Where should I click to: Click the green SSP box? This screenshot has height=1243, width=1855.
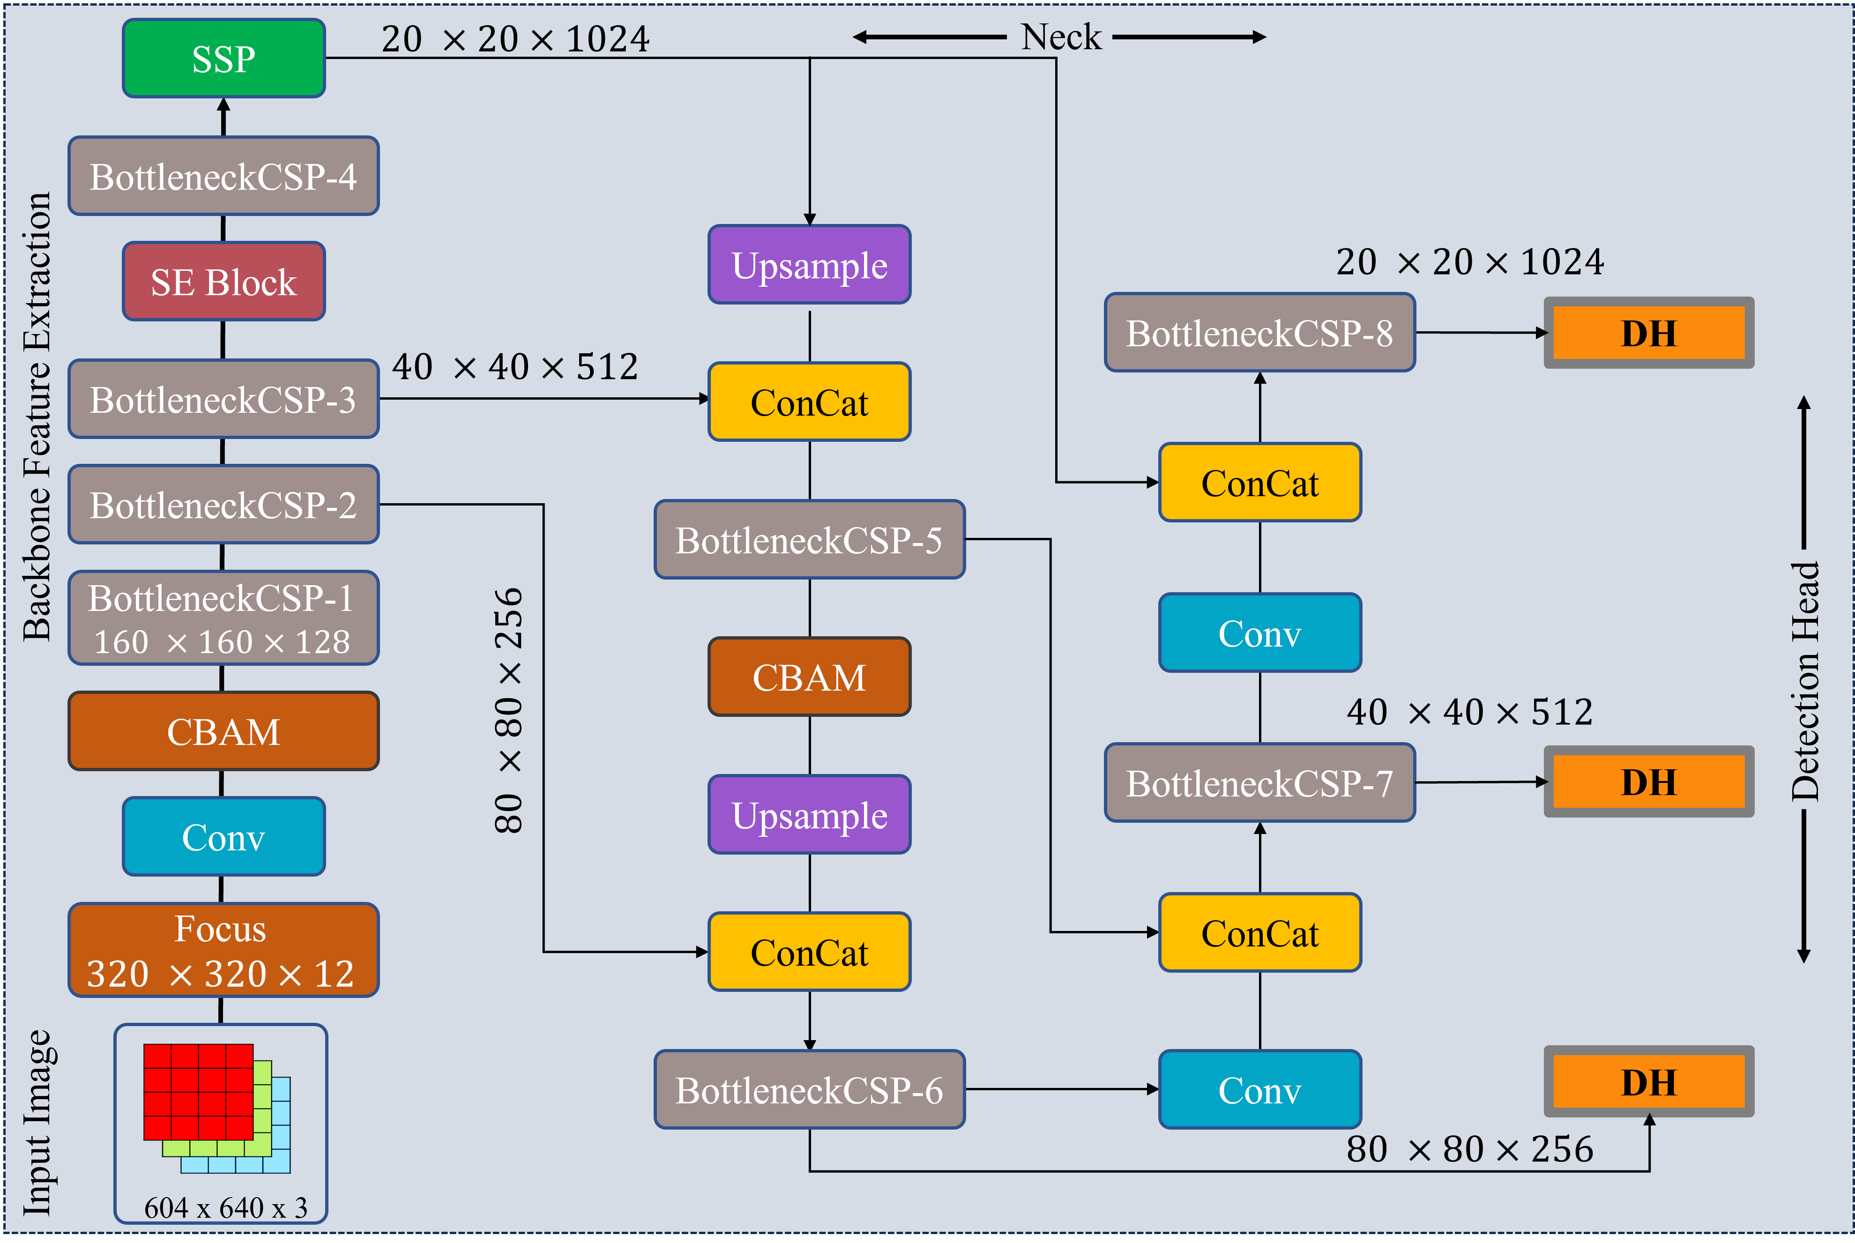[x=223, y=59]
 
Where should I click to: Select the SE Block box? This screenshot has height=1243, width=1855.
[x=223, y=282]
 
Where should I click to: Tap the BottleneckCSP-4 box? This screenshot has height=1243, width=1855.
[x=223, y=176]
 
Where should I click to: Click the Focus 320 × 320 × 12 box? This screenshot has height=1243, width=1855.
[x=223, y=950]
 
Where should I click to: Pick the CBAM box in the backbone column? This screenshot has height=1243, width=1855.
[x=223, y=731]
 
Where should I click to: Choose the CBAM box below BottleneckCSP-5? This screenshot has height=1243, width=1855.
[x=809, y=677]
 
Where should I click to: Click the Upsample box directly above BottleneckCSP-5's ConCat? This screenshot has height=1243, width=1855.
[x=809, y=265]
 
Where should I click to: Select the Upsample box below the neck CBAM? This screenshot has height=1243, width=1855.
[x=809, y=815]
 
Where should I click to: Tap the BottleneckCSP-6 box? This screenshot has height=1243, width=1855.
[x=809, y=1090]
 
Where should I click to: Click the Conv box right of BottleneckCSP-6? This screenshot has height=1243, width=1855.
[x=1259, y=1090]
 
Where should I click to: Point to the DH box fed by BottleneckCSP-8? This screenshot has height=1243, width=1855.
[x=1649, y=333]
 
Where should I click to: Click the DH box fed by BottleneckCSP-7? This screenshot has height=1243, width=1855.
[x=1649, y=782]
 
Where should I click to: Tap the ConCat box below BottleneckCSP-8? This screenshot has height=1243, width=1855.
[x=1259, y=483]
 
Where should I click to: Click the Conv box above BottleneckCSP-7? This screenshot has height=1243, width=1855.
[x=1259, y=633]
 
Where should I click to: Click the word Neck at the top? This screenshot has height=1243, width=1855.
[x=1061, y=37]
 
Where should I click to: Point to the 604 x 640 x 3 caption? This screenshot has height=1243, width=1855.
[x=225, y=1207]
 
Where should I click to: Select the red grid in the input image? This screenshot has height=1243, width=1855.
[x=198, y=1092]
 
